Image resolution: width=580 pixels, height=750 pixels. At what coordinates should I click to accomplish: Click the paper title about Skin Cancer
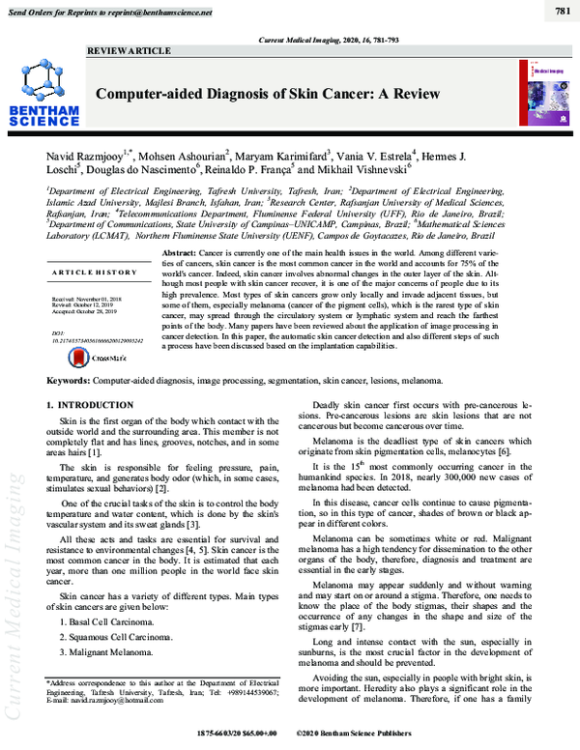(266, 94)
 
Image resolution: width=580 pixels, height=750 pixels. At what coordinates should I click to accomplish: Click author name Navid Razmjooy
(87, 156)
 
